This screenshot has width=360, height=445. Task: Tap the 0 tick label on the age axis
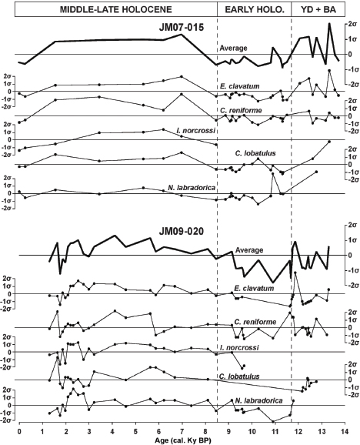(x=18, y=429)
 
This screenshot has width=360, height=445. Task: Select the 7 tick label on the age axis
(x=182, y=429)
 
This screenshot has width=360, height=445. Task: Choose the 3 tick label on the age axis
(x=88, y=429)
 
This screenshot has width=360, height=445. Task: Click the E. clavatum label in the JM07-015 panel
(x=238, y=85)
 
